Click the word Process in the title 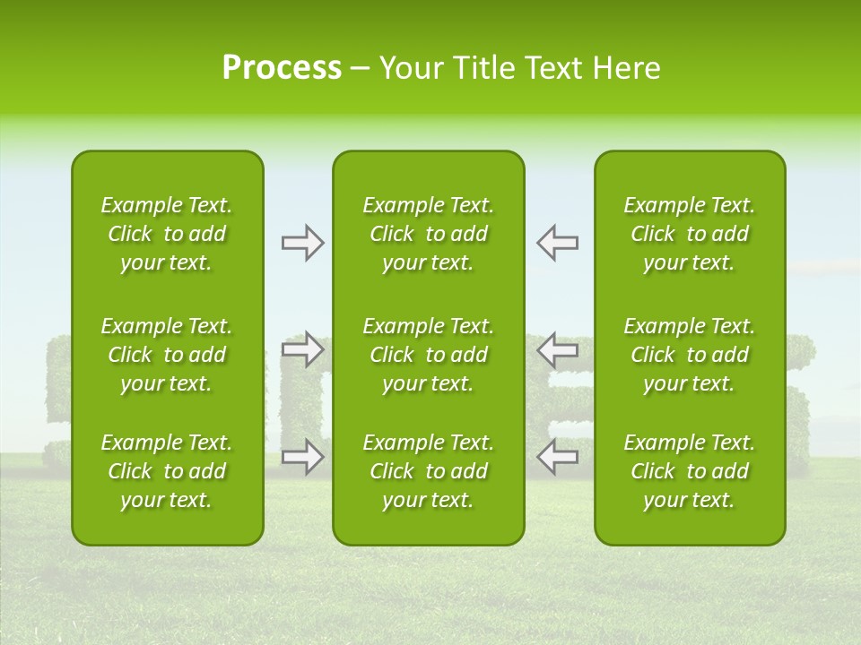(x=282, y=68)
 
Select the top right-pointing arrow (x=303, y=243)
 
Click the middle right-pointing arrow (x=303, y=348)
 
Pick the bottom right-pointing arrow (x=303, y=457)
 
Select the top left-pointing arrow (x=558, y=243)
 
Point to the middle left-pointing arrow (x=558, y=348)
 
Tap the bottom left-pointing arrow (x=558, y=457)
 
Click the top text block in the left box (x=167, y=234)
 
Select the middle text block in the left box (x=167, y=355)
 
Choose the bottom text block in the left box (x=167, y=471)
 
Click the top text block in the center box (x=429, y=234)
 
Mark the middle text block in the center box (x=429, y=355)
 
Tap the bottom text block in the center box (x=429, y=471)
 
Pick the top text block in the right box (x=690, y=234)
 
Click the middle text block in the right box (x=690, y=355)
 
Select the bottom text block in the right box (x=690, y=471)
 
